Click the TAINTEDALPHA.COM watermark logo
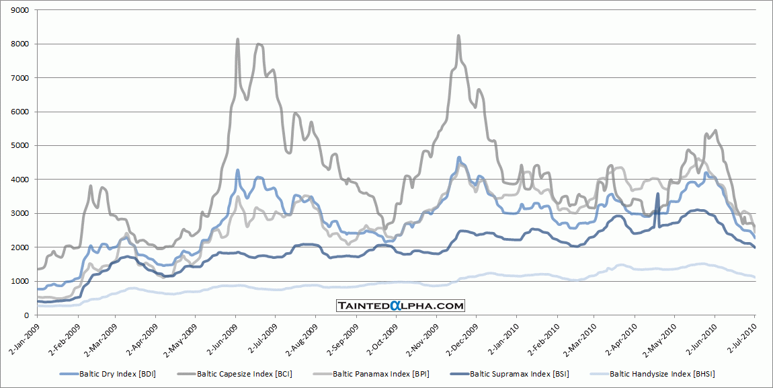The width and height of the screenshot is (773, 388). (401, 306)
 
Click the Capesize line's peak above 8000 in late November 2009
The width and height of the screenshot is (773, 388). (458, 36)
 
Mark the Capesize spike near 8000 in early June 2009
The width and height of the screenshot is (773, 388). (238, 40)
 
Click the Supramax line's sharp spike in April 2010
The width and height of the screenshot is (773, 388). (657, 194)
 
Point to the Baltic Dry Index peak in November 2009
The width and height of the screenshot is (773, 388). (459, 158)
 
